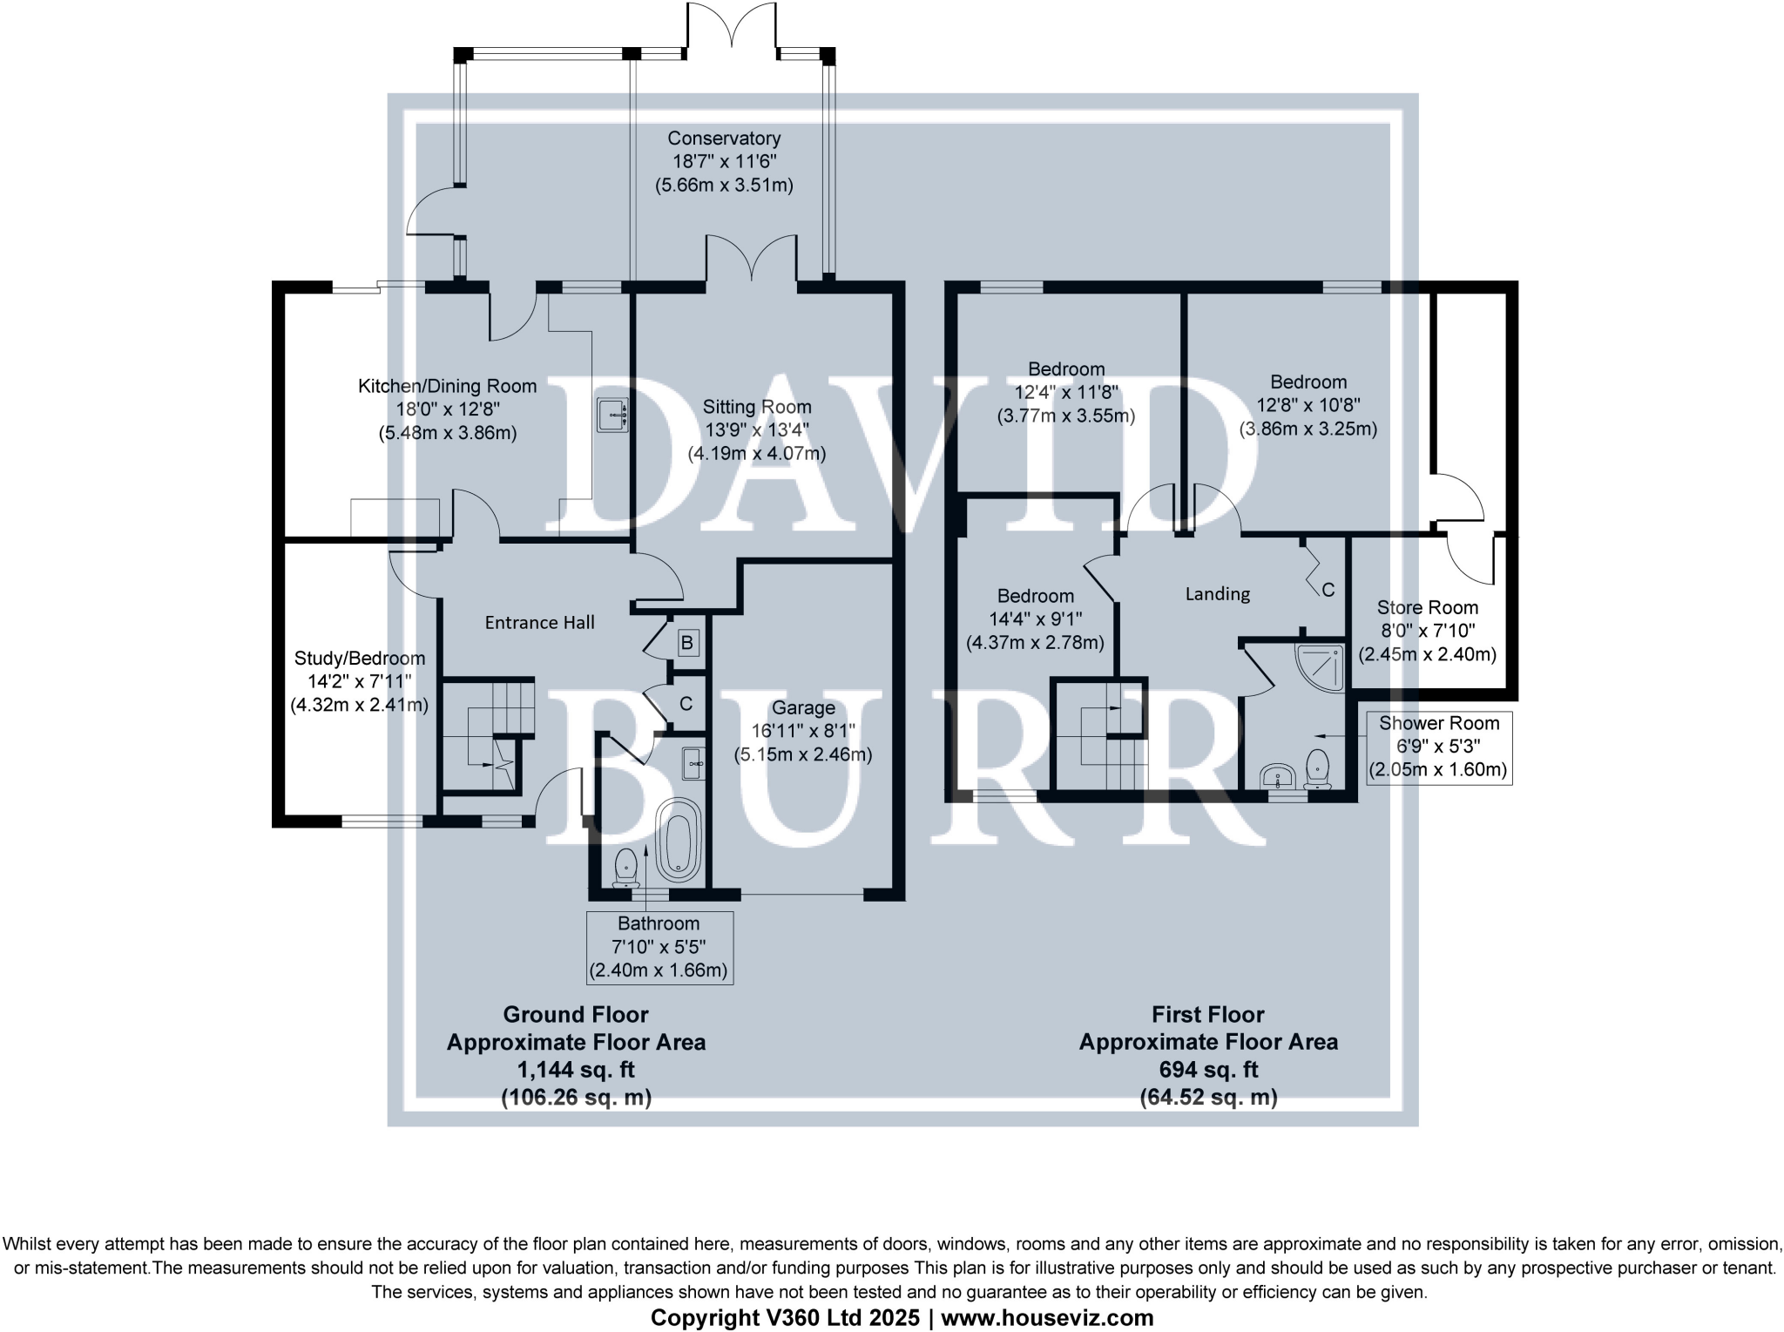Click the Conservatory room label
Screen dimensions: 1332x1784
click(724, 139)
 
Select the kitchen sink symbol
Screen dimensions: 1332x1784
click(612, 415)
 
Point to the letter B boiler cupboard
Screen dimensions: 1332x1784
click(686, 644)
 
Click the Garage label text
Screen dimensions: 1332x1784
click(803, 708)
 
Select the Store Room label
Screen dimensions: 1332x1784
click(1427, 608)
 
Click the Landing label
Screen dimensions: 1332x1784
click(1217, 594)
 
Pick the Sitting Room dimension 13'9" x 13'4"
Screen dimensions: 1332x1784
click(756, 430)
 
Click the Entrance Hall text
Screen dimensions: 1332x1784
click(539, 622)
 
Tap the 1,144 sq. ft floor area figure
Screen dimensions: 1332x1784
click(576, 1070)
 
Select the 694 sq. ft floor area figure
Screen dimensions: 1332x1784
click(1208, 1070)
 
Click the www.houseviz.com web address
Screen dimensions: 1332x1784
click(1047, 1318)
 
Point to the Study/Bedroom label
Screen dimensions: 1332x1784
click(359, 659)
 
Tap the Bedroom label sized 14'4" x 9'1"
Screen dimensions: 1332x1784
click(1035, 596)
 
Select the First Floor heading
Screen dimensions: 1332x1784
click(1207, 1014)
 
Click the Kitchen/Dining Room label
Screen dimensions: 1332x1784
click(447, 386)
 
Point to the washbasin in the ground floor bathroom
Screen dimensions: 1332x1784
click(694, 763)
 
